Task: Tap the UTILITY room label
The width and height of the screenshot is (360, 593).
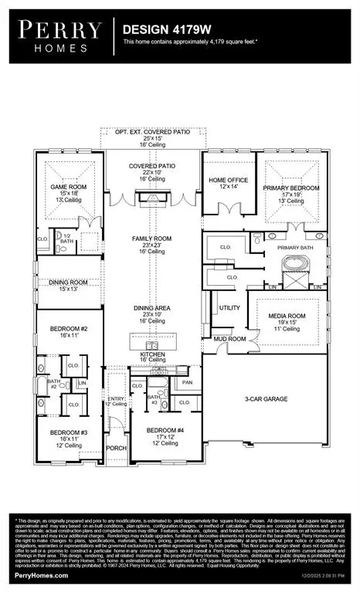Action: point(229,307)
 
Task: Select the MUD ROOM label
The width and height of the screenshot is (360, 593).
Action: point(229,339)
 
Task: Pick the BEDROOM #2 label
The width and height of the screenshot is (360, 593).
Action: point(68,329)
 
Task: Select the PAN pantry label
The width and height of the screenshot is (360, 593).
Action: point(187,381)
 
